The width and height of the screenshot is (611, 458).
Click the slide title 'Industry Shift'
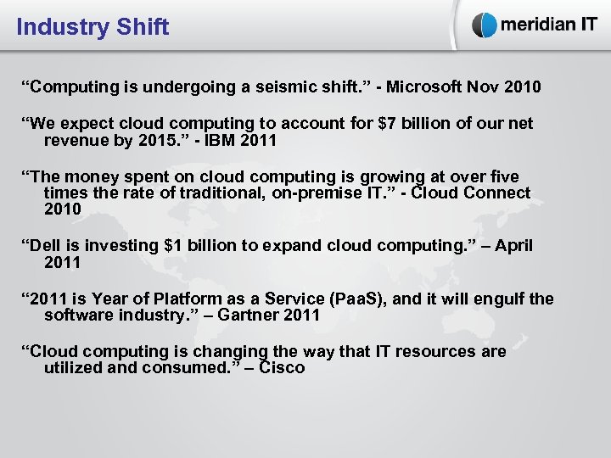point(92,27)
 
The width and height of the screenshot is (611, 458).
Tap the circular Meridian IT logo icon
point(485,25)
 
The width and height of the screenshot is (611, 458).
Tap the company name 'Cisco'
point(282,368)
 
